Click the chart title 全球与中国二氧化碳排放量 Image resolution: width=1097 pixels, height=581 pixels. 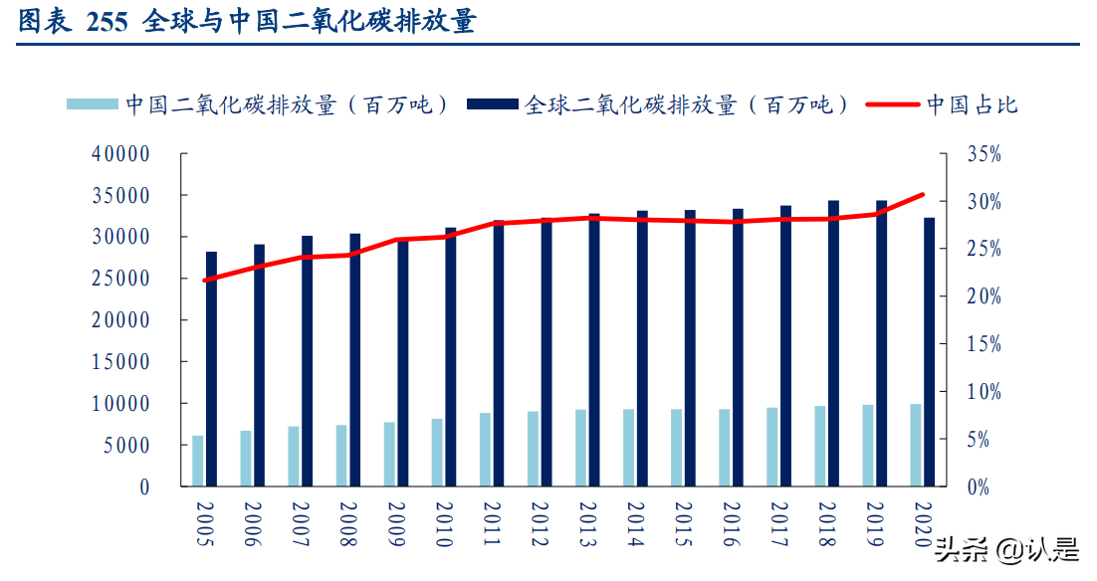click(309, 22)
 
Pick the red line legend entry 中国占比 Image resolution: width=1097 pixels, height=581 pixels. click(942, 104)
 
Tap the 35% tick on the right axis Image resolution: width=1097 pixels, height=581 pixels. click(983, 154)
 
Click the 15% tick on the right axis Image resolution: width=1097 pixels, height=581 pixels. click(983, 344)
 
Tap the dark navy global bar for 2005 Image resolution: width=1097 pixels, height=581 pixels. click(211, 369)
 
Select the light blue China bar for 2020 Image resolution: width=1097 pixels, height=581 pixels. click(915, 445)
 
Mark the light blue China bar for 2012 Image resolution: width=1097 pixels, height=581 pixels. click(533, 449)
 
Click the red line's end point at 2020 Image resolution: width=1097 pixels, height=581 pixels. click(922, 195)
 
